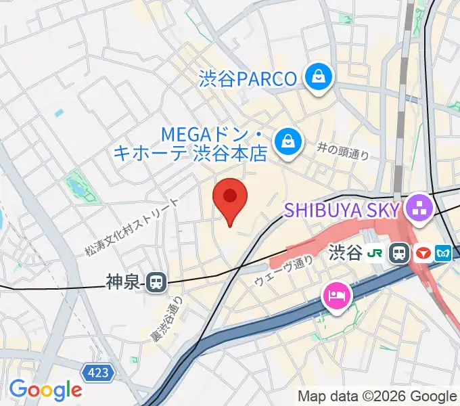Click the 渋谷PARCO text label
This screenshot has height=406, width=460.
pos(248,79)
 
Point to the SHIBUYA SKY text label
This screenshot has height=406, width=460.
pos(342,210)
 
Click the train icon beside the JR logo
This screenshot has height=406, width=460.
pos(399,254)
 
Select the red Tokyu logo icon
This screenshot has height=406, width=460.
pos(423,254)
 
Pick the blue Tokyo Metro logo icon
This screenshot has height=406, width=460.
pos(444,254)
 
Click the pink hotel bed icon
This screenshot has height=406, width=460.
pos(336,295)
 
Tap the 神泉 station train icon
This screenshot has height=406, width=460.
pos(157,281)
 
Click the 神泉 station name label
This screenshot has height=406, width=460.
pos(122,281)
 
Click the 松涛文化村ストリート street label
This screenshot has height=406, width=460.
pos(132,227)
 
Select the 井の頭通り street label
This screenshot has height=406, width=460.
pos(344,151)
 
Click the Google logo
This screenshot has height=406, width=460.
pos(45,390)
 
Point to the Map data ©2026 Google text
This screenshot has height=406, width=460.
pos(377,396)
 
